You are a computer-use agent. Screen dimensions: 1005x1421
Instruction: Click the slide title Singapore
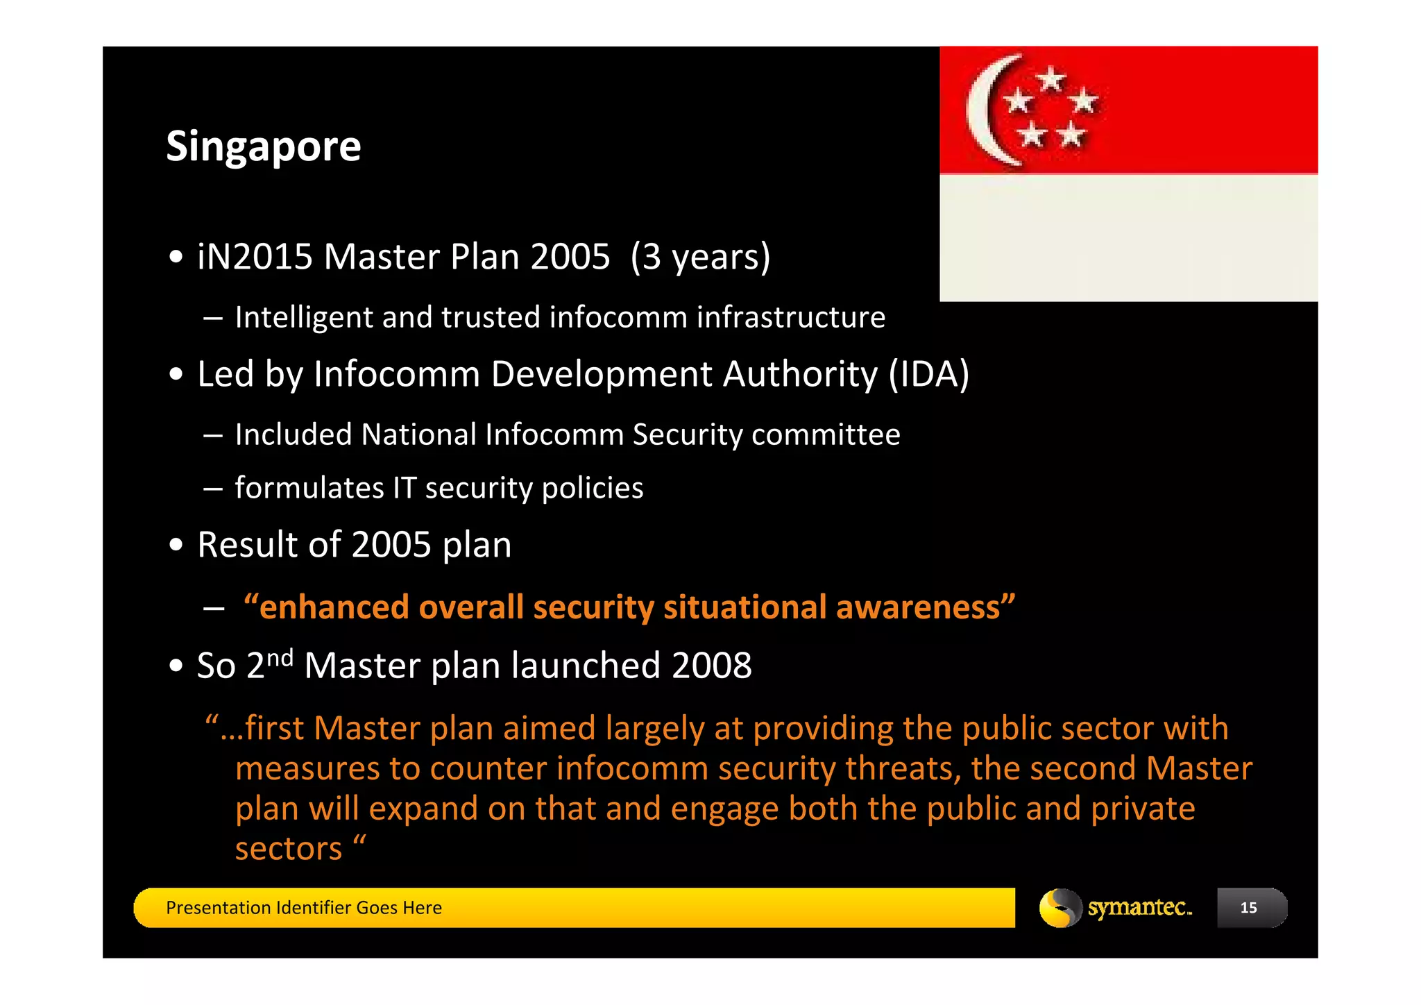pos(263,146)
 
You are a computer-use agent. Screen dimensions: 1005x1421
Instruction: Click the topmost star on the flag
pos(1052,79)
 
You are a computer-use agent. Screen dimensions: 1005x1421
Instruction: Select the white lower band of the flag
pos(1128,237)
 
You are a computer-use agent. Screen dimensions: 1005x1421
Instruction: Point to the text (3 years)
pos(700,257)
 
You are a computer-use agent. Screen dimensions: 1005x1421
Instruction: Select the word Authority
pos(800,375)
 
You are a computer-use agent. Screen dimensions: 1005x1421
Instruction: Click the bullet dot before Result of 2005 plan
pos(176,545)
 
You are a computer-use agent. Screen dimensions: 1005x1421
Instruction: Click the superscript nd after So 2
pos(280,657)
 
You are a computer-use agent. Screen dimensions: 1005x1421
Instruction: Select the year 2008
pos(711,666)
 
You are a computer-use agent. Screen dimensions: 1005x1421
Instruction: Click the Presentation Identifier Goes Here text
pos(303,908)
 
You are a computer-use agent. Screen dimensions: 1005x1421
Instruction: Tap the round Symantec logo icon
pos(1060,908)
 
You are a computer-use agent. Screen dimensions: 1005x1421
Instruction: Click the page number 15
pos(1248,908)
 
